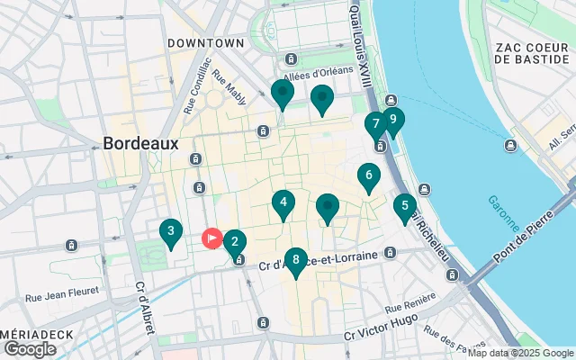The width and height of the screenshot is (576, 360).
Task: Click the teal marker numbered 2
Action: click(x=234, y=241)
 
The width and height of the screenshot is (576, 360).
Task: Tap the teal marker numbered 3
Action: click(x=170, y=231)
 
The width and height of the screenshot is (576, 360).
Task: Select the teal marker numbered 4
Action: click(x=283, y=203)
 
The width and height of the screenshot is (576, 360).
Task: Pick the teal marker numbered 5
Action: click(x=405, y=206)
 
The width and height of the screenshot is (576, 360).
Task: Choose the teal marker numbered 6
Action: click(x=368, y=175)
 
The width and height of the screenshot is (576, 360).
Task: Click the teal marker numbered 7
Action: click(x=375, y=124)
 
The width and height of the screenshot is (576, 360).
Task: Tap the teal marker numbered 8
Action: click(x=295, y=259)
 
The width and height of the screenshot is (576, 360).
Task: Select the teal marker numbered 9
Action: click(x=392, y=120)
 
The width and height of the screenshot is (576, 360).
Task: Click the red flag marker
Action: click(x=212, y=238)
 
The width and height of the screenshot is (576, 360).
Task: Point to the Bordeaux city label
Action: click(x=140, y=143)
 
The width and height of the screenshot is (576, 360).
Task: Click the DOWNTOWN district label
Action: click(x=206, y=42)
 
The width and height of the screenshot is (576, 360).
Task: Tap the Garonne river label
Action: click(x=497, y=214)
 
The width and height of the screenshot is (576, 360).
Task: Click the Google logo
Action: click(x=30, y=348)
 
